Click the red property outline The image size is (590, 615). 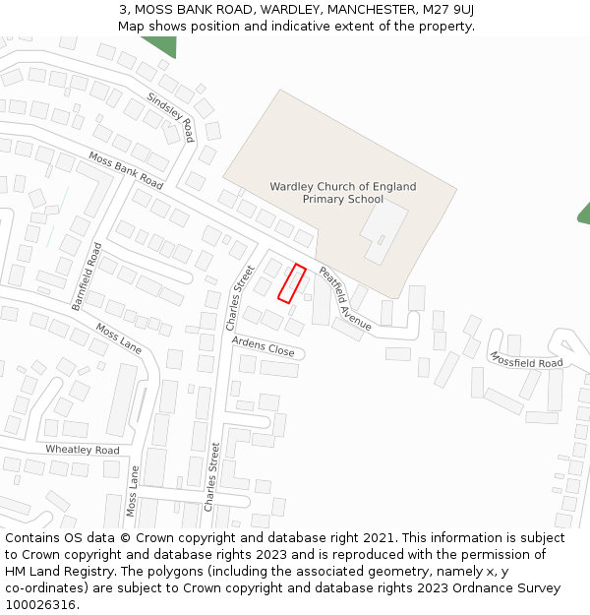pyautogui.click(x=292, y=283)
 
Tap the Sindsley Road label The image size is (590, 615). pyautogui.click(x=170, y=117)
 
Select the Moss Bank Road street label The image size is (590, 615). pyautogui.click(x=125, y=170)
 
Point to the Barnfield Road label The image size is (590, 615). pyautogui.click(x=87, y=277)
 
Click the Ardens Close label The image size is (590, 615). pyautogui.click(x=263, y=345)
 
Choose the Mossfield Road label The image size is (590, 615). pyautogui.click(x=526, y=360)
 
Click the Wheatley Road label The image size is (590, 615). pyautogui.click(x=83, y=450)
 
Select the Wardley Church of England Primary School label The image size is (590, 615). pyautogui.click(x=342, y=192)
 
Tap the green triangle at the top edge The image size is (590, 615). pyautogui.click(x=160, y=45)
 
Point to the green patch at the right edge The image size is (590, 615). pyautogui.click(x=584, y=213)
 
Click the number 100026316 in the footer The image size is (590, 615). pyautogui.click(x=40, y=604)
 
